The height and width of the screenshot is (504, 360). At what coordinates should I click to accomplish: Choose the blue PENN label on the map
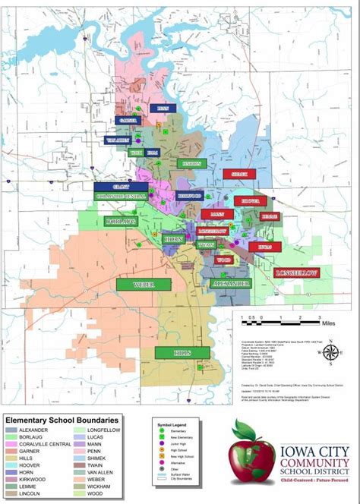pos(162,109)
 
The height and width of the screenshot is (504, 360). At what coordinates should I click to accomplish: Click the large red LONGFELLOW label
pos(297,272)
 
